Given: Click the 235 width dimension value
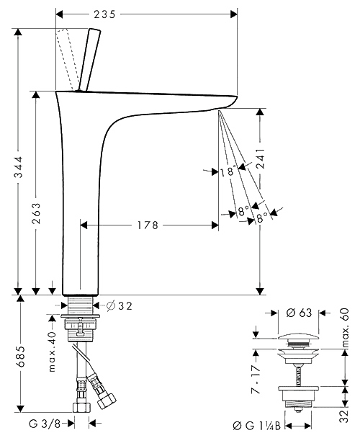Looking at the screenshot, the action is (x=104, y=14).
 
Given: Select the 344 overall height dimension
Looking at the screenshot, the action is (x=19, y=167).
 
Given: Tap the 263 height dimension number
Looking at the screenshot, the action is (x=36, y=213).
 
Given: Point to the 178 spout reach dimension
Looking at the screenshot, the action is (x=148, y=225).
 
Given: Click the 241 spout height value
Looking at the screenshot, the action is (x=261, y=158).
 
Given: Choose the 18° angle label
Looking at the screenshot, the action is (x=228, y=171).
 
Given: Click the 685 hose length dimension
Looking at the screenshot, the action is (x=20, y=357).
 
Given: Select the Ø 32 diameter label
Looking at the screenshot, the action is (x=120, y=306).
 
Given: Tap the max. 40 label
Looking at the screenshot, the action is (x=53, y=352).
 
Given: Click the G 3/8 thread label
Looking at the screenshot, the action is (x=45, y=424).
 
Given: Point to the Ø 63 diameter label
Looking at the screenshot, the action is (x=299, y=313).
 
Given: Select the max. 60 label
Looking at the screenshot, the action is (x=345, y=328).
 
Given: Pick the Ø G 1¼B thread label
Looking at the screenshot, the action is (x=256, y=426).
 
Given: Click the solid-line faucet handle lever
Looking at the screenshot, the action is (x=90, y=60).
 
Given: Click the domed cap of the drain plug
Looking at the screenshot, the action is (x=298, y=336).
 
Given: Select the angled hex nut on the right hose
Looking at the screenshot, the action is (x=107, y=401).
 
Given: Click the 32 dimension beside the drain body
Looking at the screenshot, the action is (x=345, y=416).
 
